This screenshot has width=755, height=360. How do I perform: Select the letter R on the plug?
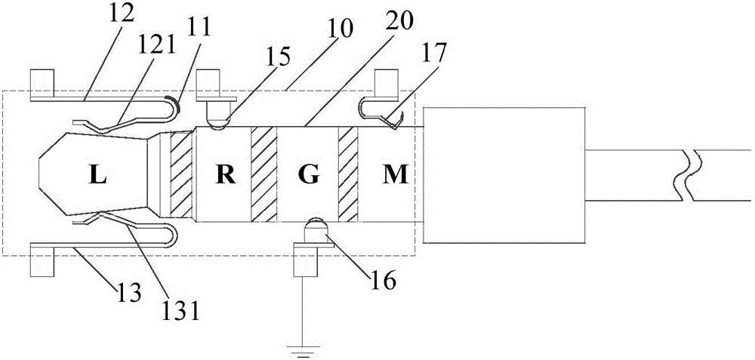point(224,176)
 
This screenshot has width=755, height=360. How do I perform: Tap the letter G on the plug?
point(310,176)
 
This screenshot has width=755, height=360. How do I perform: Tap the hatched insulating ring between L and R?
point(182,176)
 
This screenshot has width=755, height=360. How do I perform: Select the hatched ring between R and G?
point(264,176)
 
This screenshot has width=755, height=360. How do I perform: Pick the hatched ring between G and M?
point(347,176)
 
